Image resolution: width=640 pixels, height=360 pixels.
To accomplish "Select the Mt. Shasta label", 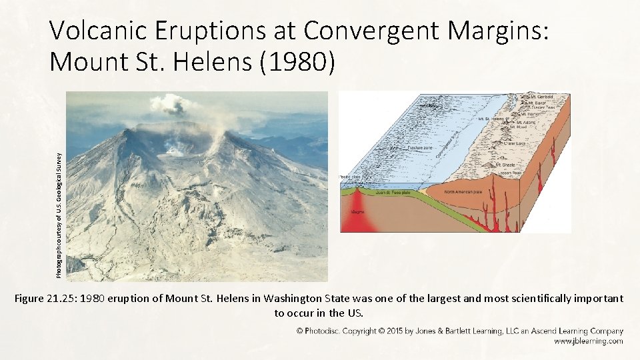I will (x=507, y=165).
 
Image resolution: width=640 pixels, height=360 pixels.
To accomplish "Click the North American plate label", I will (x=461, y=191).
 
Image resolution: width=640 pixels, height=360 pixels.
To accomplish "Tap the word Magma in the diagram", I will (x=357, y=213).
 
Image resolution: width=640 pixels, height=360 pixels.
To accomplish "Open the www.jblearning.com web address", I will (x=589, y=341).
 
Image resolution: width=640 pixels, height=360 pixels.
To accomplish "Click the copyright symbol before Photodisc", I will (x=300, y=331).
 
